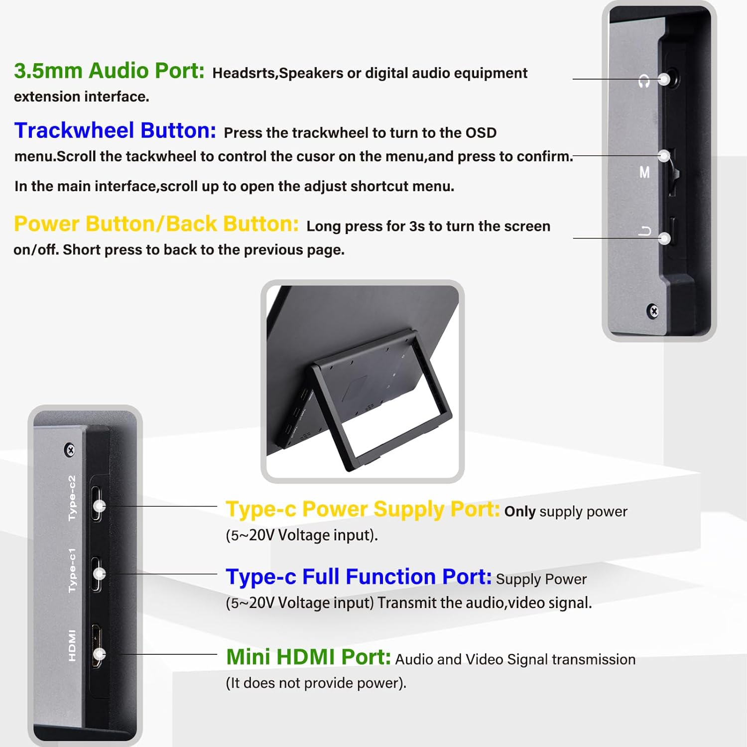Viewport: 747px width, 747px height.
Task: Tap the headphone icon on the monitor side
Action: (x=644, y=81)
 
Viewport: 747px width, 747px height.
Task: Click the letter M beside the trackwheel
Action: (x=644, y=172)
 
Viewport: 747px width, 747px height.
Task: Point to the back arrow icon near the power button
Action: (x=645, y=231)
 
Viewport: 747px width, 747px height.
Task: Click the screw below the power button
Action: (x=653, y=311)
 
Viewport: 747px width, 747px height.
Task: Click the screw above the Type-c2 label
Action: (x=70, y=450)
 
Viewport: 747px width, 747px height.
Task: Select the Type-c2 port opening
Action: (x=97, y=504)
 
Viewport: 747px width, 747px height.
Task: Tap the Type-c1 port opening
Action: (x=96, y=574)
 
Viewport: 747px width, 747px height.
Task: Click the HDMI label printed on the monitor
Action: (x=72, y=645)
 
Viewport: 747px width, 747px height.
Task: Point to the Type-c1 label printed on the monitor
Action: (x=72, y=571)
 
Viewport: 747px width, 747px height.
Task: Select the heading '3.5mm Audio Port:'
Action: (x=109, y=71)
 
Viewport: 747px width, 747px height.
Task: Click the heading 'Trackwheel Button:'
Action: (x=115, y=130)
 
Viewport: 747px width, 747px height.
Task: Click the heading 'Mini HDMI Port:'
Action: (x=308, y=657)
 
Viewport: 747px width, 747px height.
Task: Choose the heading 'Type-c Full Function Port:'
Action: (x=359, y=577)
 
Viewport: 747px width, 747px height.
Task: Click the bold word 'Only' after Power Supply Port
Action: (x=519, y=512)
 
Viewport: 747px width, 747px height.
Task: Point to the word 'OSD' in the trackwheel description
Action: (x=481, y=133)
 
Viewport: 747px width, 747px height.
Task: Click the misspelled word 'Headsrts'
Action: (x=244, y=73)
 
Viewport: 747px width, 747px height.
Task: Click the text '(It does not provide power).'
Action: (x=316, y=683)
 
